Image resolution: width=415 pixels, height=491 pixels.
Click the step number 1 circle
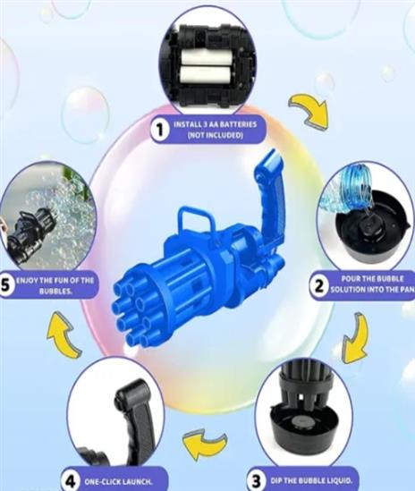pyautogui.click(x=160, y=130)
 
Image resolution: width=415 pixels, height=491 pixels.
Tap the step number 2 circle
pyautogui.click(x=318, y=286)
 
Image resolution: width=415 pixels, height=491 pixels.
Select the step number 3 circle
pyautogui.click(x=256, y=481)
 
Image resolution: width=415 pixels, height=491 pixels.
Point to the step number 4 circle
pyautogui.click(x=72, y=481)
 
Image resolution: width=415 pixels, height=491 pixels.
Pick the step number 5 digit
pyautogui.click(x=5, y=284)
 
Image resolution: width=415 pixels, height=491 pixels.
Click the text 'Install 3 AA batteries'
pyautogui.click(x=216, y=124)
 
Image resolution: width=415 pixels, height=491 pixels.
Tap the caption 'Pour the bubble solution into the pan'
pyautogui.click(x=373, y=284)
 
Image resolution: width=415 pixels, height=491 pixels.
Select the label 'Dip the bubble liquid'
pyautogui.click(x=310, y=480)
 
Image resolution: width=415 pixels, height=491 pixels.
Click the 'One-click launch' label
pyautogui.click(x=118, y=481)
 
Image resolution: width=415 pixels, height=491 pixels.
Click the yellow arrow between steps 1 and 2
pyautogui.click(x=309, y=111)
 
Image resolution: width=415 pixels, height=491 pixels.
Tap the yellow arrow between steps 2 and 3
pyautogui.click(x=356, y=339)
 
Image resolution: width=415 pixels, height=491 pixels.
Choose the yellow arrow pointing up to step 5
pyautogui.click(x=64, y=335)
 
